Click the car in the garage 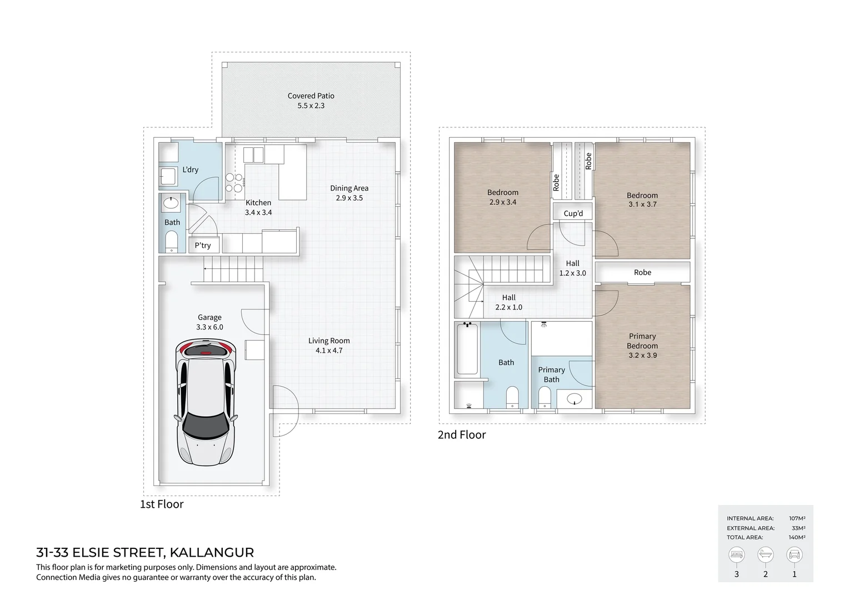[206, 403]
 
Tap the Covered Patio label [311, 96]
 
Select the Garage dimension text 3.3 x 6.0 [209, 327]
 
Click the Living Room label [329, 341]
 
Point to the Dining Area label [349, 188]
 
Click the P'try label [203, 245]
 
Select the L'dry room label [190, 169]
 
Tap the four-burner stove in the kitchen [234, 183]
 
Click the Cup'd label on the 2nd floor [573, 213]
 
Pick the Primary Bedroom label [642, 341]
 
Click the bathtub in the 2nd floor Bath [467, 349]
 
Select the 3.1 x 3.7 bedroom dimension [642, 204]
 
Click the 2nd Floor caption [462, 435]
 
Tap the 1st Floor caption [162, 504]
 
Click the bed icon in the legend [737, 554]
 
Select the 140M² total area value [797, 537]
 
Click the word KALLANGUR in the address [212, 553]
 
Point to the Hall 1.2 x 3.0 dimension [572, 273]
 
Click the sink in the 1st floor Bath [171, 203]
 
